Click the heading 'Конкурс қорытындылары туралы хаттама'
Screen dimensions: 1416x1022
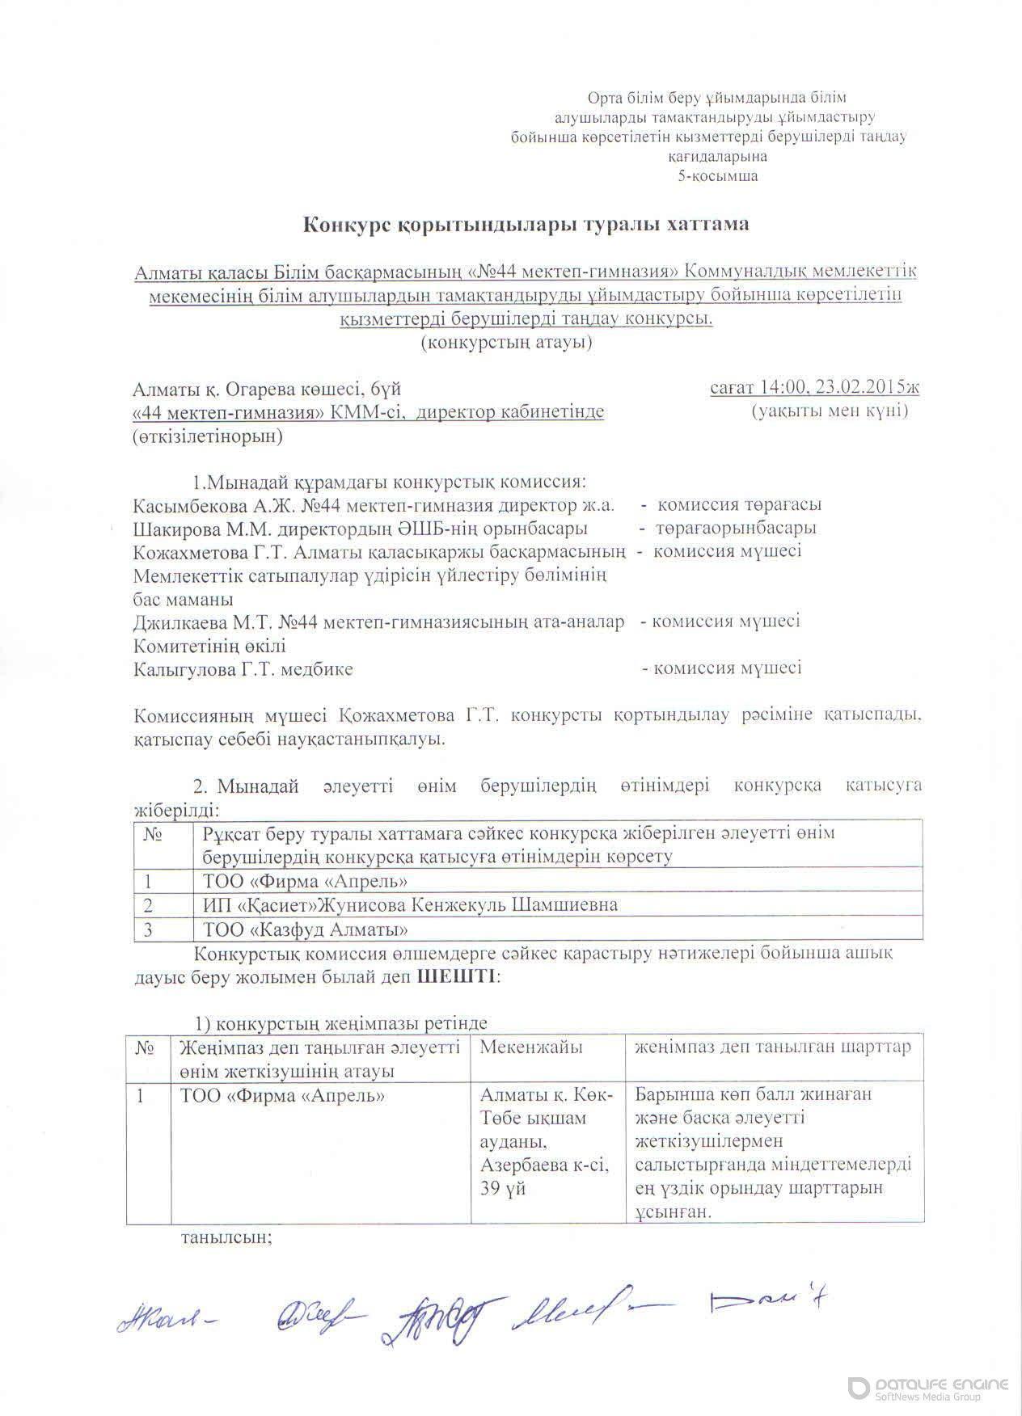click(x=526, y=224)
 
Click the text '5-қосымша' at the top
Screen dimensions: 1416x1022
click(x=718, y=175)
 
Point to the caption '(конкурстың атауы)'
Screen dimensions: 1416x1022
click(x=507, y=343)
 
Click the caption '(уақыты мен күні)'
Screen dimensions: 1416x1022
click(x=830, y=411)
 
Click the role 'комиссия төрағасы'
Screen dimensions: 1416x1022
click(x=739, y=505)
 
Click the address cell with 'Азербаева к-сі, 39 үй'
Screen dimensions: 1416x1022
click(x=546, y=1155)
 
